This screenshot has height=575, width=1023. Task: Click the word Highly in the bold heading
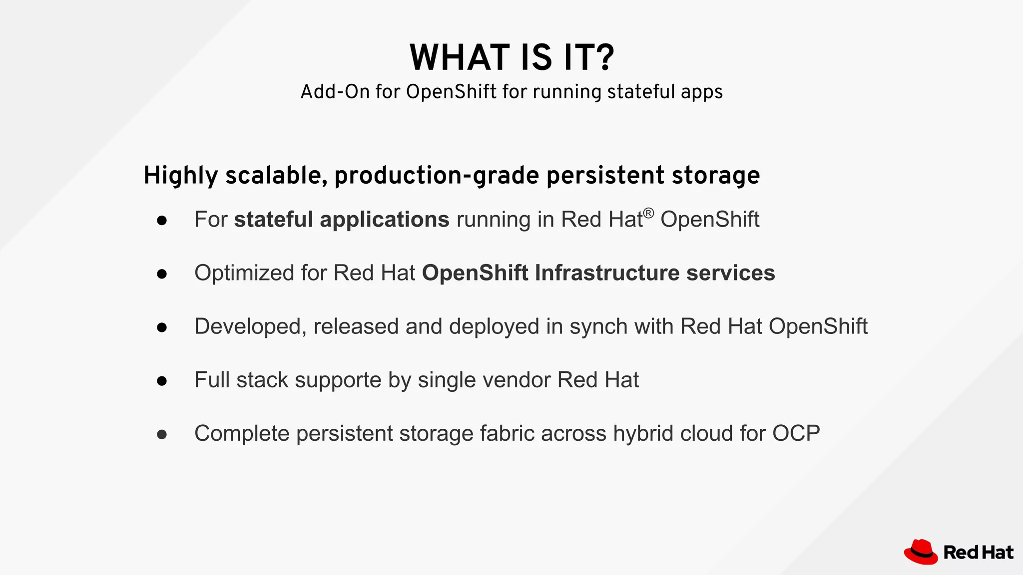coord(181,176)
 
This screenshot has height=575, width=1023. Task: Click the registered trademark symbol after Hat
coord(648,214)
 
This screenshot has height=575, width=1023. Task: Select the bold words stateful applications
coord(342,220)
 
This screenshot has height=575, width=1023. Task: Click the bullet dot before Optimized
coord(161,274)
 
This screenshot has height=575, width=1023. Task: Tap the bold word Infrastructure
coord(607,273)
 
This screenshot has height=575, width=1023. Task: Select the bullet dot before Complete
coord(161,434)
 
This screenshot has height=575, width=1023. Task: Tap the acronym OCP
coord(796,433)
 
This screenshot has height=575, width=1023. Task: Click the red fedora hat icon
coord(920,552)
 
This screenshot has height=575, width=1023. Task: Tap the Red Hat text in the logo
coord(978,553)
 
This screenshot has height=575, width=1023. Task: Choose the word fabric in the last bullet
coord(507,433)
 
